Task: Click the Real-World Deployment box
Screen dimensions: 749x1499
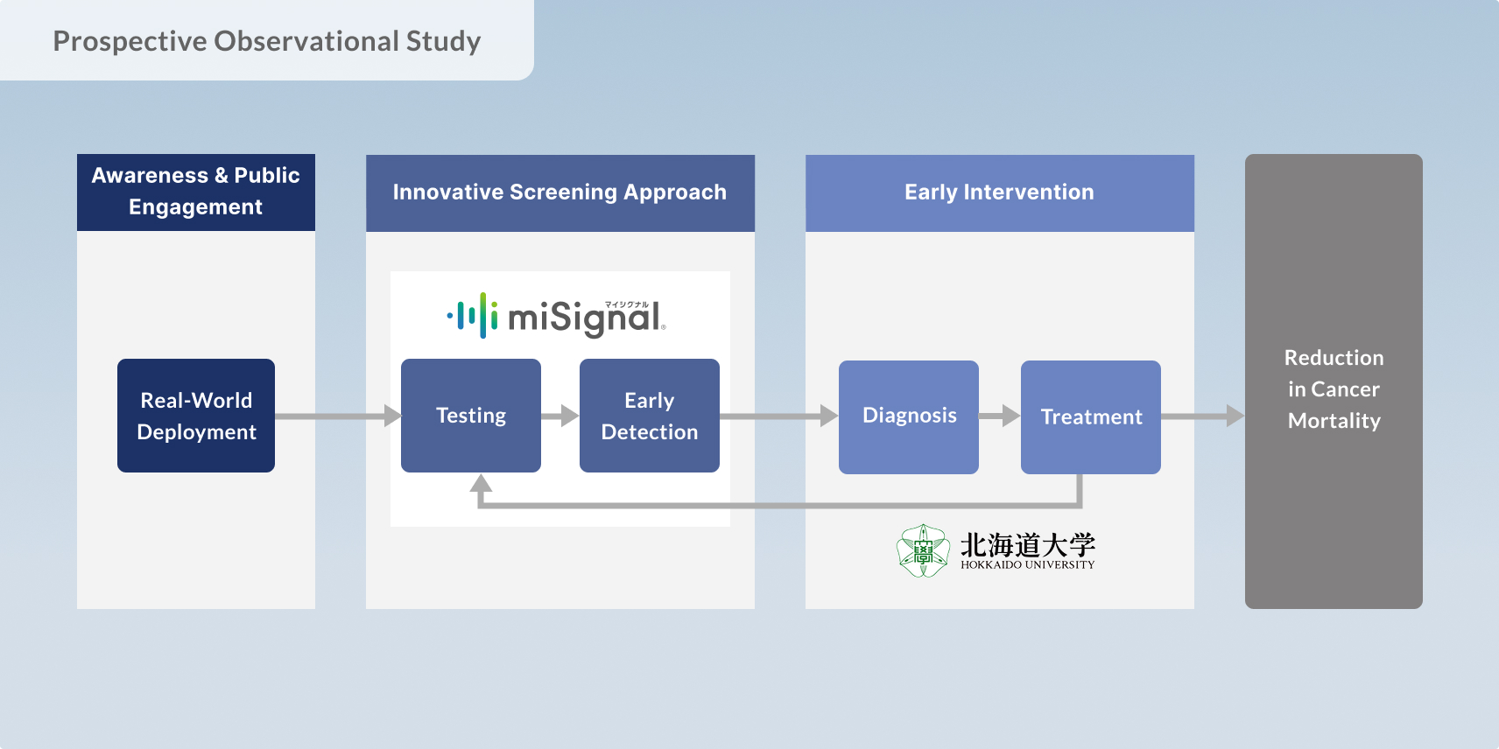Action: point(196,416)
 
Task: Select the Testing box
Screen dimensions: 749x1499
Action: point(471,416)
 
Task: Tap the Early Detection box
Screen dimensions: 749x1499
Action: point(650,416)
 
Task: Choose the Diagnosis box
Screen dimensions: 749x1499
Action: point(909,416)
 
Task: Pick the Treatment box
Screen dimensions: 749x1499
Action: point(1091,416)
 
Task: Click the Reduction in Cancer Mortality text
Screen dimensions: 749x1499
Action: point(1334,389)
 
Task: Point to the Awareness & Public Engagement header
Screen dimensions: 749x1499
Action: point(196,192)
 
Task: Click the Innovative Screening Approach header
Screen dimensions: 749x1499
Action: point(559,192)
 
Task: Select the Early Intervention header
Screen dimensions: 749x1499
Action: point(999,192)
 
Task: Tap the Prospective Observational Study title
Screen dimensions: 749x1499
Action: point(267,41)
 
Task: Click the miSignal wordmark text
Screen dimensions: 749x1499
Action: point(585,318)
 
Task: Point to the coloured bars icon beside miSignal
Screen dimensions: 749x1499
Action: point(473,316)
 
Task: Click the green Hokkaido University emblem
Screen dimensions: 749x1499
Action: point(923,551)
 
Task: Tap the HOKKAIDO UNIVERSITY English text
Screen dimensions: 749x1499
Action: point(1027,565)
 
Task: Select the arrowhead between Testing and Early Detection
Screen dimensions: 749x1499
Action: point(569,416)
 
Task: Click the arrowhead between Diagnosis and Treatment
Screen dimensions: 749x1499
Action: point(1010,416)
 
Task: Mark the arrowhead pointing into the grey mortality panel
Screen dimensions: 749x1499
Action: point(1235,416)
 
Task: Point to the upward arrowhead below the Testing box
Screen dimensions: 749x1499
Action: point(481,483)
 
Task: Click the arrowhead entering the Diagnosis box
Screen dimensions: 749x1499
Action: point(828,416)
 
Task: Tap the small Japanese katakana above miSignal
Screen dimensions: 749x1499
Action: point(626,304)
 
